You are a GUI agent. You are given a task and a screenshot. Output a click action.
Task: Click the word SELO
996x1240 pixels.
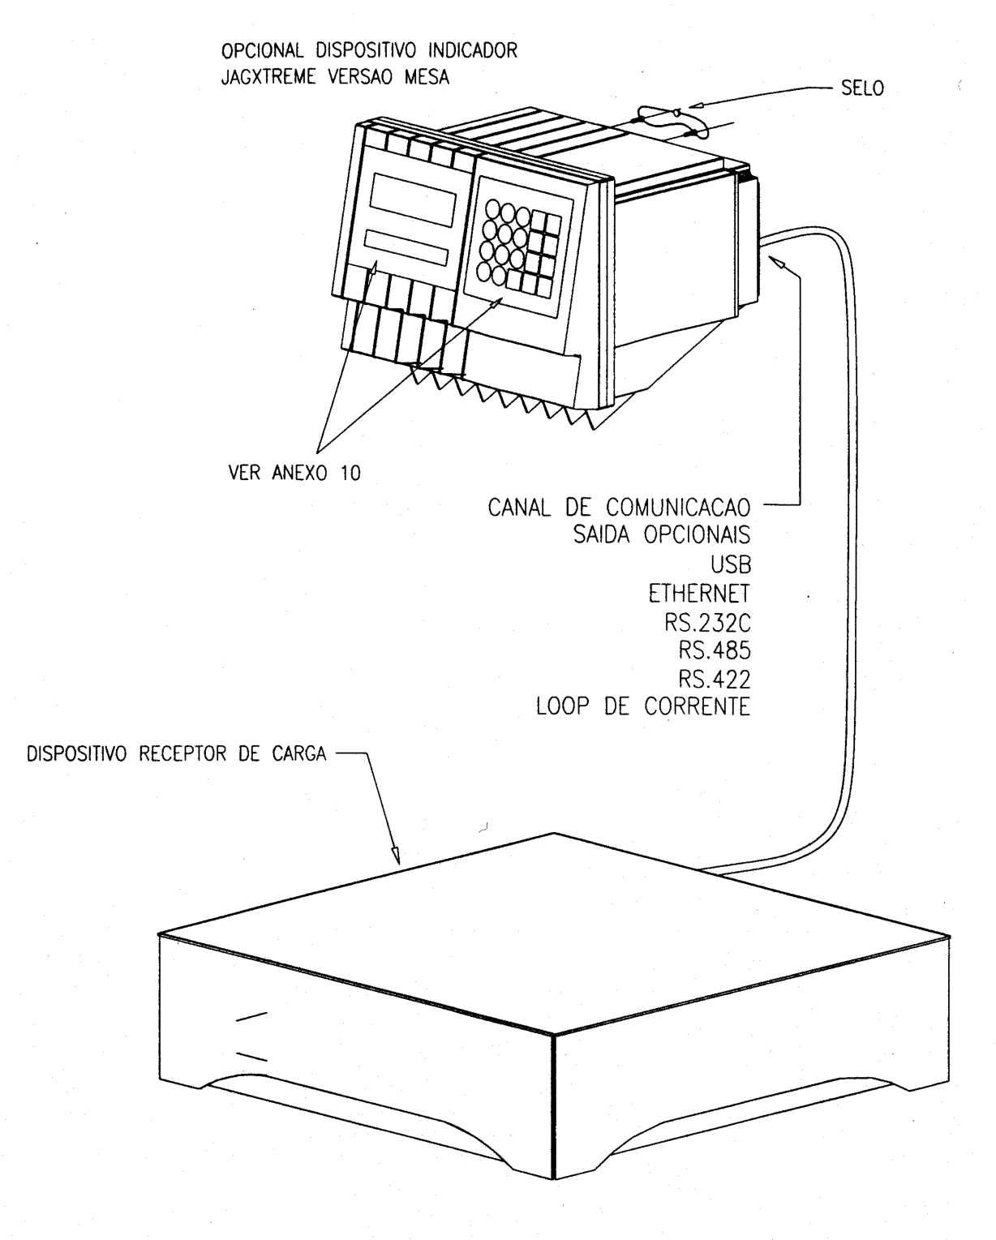pos(862,88)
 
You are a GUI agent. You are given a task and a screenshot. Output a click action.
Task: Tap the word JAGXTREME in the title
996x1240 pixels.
pos(268,76)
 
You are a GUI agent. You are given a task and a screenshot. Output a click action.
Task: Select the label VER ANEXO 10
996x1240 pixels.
pos(294,473)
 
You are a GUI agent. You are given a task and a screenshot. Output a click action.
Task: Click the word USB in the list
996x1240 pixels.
pos(731,564)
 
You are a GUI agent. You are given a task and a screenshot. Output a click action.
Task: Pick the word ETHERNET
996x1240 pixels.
pos(699,594)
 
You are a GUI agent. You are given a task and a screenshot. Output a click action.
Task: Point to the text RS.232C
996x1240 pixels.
pos(708,622)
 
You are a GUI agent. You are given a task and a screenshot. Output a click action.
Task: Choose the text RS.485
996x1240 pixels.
pos(715,650)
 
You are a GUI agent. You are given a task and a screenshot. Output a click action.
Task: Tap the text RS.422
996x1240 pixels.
pos(715,680)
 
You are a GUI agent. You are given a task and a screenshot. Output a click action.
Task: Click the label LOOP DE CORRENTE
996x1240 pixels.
pos(643,706)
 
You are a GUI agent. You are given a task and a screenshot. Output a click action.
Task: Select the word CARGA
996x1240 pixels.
pos(299,753)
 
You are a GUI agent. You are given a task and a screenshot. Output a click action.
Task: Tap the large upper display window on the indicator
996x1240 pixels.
pos(412,200)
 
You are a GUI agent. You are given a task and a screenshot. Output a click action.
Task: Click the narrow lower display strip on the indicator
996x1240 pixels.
pos(406,248)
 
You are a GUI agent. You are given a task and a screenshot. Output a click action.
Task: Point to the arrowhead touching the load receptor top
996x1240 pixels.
pos(396,855)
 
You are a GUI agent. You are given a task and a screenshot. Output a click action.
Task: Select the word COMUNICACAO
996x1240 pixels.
pos(678,508)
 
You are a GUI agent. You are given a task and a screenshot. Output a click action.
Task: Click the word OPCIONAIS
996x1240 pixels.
pos(698,535)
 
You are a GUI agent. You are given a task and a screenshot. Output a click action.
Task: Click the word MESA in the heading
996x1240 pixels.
pos(427,76)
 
